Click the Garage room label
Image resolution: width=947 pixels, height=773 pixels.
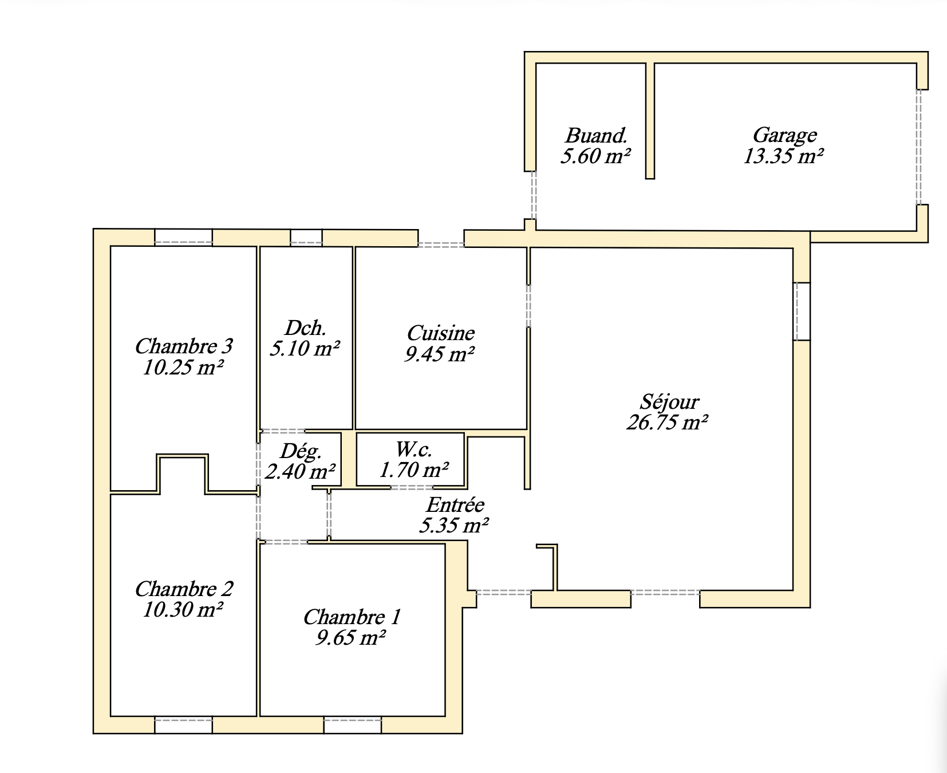(784, 135)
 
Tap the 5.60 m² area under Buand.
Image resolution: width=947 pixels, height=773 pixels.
(595, 156)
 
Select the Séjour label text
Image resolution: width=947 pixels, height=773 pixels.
(669, 401)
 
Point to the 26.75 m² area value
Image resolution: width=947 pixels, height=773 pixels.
(667, 423)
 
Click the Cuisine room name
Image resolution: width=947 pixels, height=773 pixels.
(440, 333)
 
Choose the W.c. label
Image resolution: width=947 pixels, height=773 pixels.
(413, 449)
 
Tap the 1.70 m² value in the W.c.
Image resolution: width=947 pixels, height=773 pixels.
(413, 470)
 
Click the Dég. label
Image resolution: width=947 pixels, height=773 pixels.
(301, 451)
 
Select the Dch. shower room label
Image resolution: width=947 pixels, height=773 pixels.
(305, 328)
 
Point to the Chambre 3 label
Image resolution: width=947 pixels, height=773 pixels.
(183, 346)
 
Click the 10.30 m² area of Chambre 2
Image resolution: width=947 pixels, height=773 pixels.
(183, 610)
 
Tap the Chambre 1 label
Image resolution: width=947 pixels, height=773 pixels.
(352, 617)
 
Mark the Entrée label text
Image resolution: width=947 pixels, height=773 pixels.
(455, 504)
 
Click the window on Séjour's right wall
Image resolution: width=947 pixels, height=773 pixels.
(802, 311)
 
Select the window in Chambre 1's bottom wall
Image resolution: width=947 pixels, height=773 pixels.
(353, 725)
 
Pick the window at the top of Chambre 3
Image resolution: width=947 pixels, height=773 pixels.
(183, 237)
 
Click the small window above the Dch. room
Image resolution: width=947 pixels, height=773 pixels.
(306, 237)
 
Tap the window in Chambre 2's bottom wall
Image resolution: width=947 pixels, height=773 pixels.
(183, 725)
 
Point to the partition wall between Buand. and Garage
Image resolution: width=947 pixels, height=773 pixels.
(650, 120)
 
